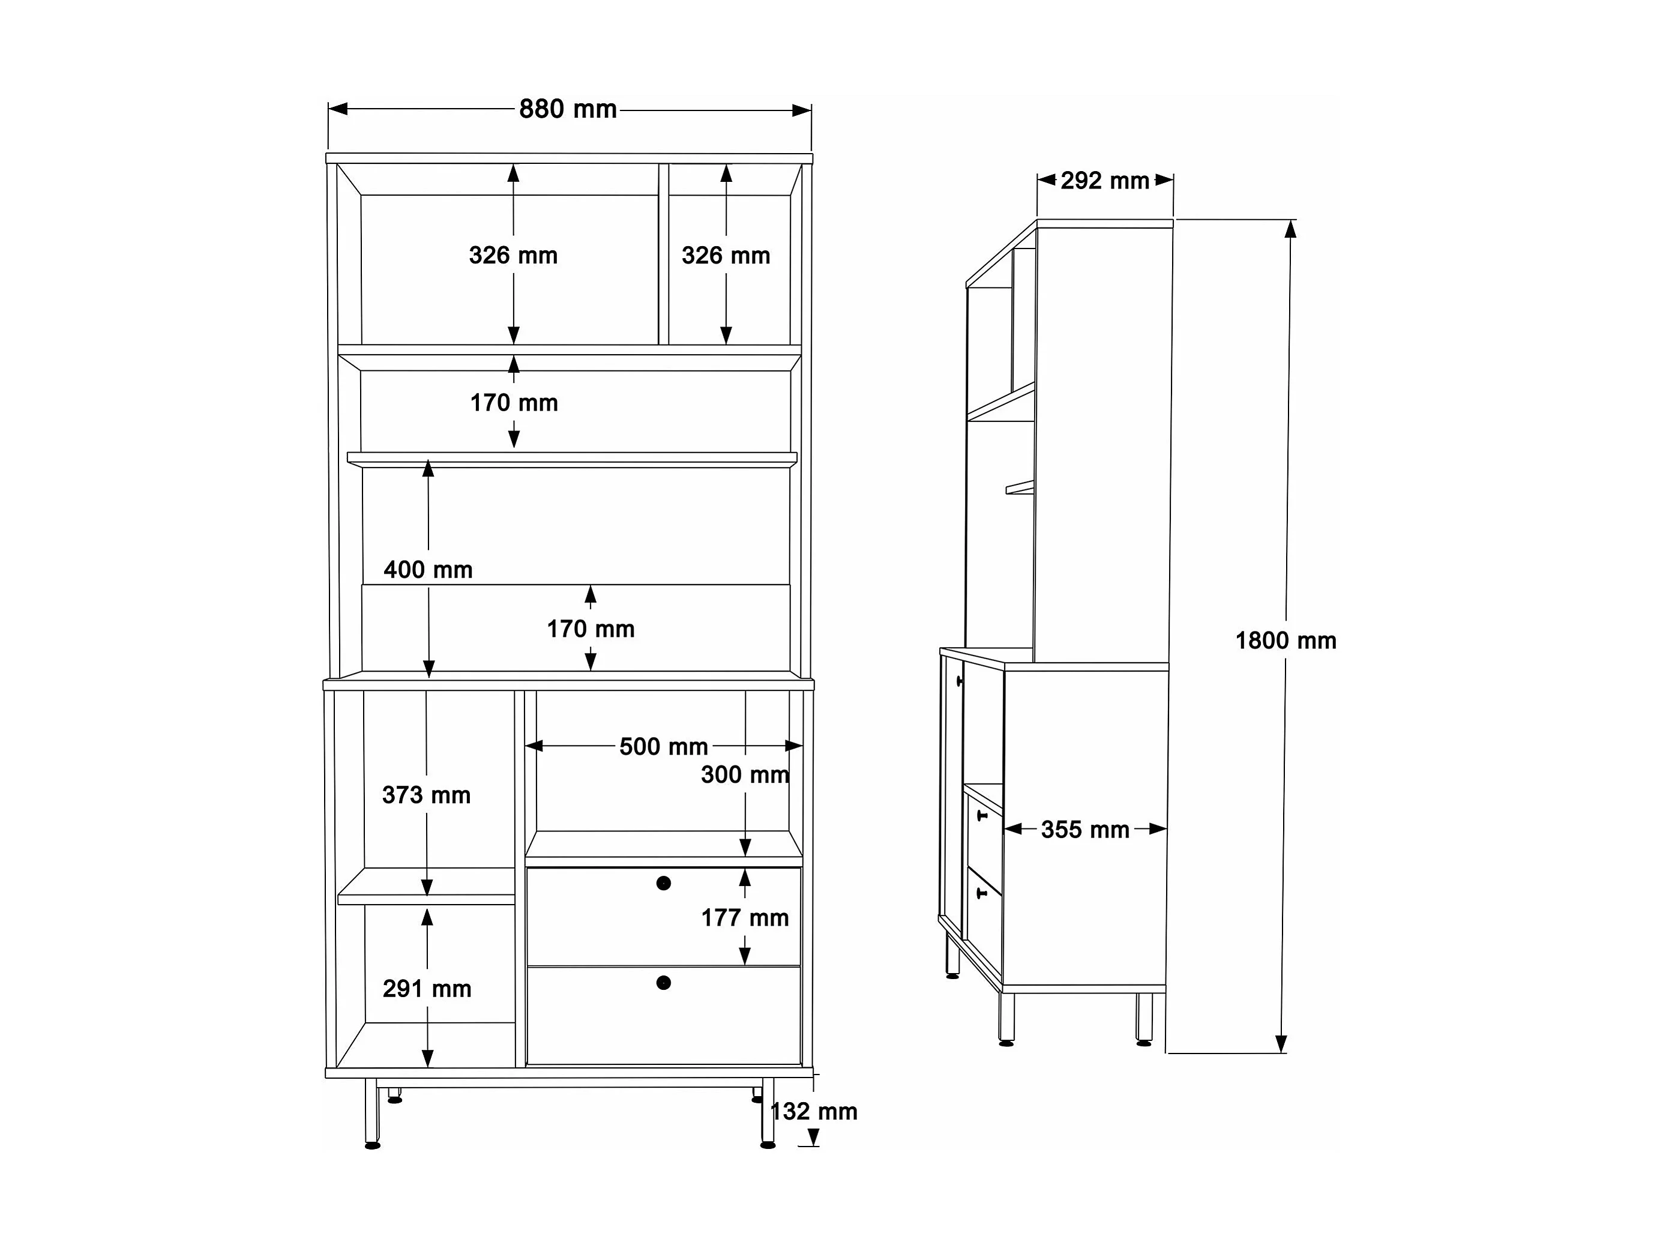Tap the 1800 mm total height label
click(1286, 641)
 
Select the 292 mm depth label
click(1105, 181)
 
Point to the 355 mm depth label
click(1084, 830)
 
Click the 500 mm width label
click(663, 747)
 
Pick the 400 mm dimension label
click(428, 570)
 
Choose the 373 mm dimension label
click(426, 795)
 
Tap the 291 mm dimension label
click(427, 989)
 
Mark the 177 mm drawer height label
click(744, 918)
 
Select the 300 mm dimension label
click(744, 775)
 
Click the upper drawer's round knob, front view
click(663, 883)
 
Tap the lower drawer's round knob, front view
click(663, 983)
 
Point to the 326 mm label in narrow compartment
click(726, 256)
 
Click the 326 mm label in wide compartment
click(513, 256)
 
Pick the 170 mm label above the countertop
click(591, 630)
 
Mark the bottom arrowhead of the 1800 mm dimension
click(1282, 1044)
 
